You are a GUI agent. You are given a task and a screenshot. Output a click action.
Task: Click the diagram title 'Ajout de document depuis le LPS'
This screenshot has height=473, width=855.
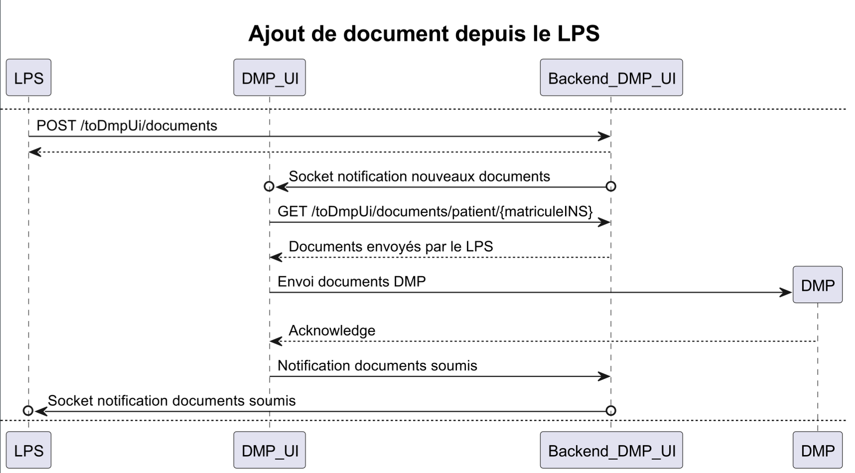point(424,33)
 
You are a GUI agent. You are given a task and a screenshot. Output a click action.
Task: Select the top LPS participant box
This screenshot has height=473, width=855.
point(28,78)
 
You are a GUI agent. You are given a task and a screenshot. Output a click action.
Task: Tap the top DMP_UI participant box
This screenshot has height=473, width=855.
point(270,78)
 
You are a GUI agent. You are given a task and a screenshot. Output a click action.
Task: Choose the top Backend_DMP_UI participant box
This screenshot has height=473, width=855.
point(611,78)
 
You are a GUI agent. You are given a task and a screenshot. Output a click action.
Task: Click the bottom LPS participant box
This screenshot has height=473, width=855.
point(28,451)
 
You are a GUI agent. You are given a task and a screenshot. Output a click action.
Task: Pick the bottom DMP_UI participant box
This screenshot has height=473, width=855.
point(270,451)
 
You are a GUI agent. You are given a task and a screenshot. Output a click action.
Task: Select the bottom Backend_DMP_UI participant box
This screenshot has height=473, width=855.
point(611,451)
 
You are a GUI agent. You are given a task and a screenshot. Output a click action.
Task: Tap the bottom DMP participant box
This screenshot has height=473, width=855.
point(818,451)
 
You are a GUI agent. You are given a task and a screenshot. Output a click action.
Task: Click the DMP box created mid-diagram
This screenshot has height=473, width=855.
point(818,285)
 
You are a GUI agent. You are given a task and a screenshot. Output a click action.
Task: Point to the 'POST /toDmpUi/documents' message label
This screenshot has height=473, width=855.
point(127,126)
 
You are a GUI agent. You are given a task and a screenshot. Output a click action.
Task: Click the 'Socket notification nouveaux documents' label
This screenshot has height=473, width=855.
point(419,176)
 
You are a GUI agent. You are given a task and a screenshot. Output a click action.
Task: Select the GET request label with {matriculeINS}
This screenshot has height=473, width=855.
point(435,211)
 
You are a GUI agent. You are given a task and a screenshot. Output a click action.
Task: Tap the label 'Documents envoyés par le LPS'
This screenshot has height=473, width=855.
point(391,247)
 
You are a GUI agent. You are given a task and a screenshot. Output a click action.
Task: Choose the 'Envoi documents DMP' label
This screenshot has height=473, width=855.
point(351,282)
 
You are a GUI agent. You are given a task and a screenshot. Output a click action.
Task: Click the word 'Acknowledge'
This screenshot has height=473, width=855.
point(332,330)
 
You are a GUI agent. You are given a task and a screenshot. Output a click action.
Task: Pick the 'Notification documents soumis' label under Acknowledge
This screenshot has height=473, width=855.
point(377,366)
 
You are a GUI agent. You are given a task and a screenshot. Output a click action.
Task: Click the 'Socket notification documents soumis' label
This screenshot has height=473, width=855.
point(171,401)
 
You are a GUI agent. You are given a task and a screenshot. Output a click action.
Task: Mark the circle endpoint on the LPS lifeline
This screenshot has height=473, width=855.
point(28,411)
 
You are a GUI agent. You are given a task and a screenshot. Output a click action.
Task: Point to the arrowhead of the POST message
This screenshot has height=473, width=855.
point(604,137)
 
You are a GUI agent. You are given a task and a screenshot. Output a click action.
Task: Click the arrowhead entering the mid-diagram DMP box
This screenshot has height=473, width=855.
point(786,293)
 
